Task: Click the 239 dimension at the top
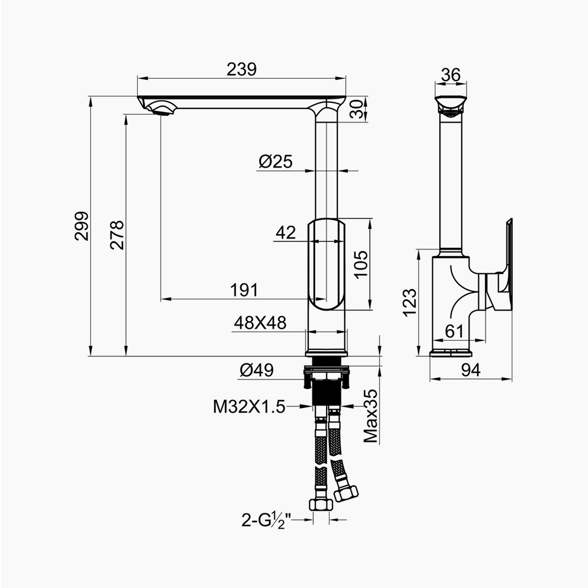coord(242,69)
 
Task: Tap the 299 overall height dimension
coord(82,226)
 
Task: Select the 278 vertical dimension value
coord(117,235)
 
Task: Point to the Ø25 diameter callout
coord(275,162)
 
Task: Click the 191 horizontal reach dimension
coord(244,290)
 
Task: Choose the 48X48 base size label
coord(260,322)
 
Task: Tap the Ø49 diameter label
coord(257,371)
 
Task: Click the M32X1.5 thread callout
coord(249,407)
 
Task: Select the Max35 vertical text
coord(371,416)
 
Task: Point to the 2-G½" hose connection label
coord(266,521)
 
